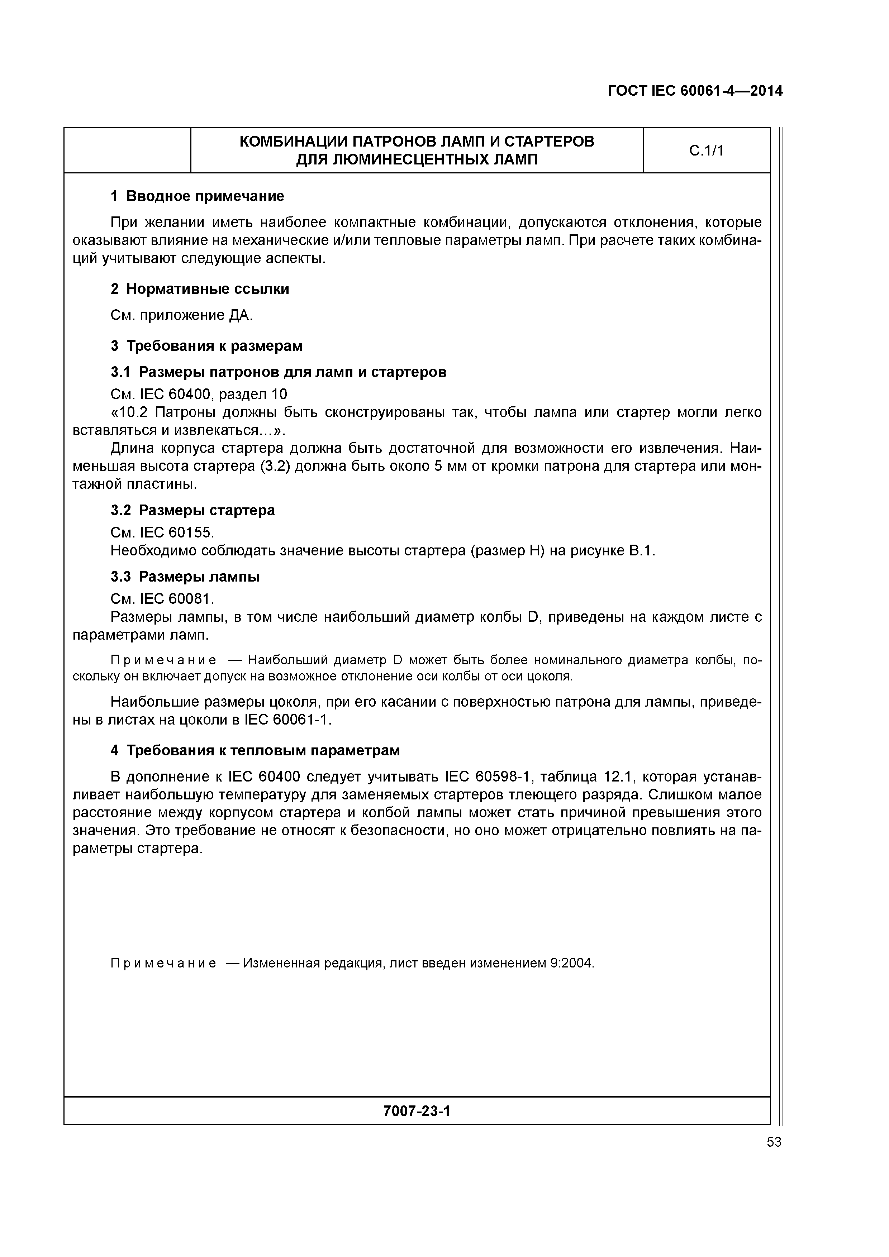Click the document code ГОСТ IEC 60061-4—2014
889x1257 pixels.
pyautogui.click(x=695, y=91)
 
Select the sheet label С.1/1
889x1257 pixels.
pyautogui.click(x=706, y=150)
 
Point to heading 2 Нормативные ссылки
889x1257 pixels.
pyautogui.click(x=200, y=289)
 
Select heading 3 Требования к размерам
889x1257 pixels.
pyautogui.click(x=206, y=346)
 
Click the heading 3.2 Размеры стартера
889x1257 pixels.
pyautogui.click(x=193, y=510)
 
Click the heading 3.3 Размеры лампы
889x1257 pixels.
pyautogui.click(x=185, y=577)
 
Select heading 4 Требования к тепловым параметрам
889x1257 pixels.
pyautogui.click(x=255, y=750)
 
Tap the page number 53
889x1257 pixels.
pyautogui.click(x=774, y=1142)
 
